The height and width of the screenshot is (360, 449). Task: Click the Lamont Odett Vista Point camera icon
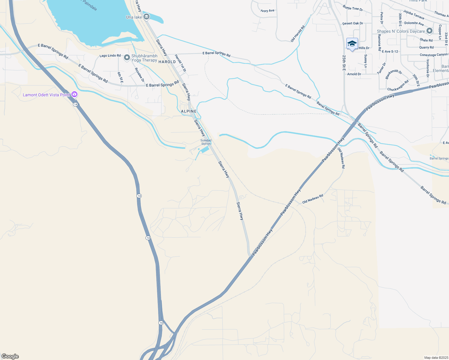[74, 94]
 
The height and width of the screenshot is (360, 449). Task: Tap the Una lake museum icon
[146, 17]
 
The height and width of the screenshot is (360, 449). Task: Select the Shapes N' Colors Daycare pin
[429, 31]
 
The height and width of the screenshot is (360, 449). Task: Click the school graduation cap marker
[352, 44]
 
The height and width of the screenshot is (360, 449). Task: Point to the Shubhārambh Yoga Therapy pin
[127, 57]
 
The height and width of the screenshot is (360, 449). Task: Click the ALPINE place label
[189, 111]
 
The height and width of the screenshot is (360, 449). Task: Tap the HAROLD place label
[167, 62]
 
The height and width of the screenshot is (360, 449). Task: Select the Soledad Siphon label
[206, 142]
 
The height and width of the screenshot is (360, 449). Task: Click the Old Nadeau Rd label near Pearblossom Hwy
[313, 199]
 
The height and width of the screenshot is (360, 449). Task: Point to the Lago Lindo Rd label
[110, 56]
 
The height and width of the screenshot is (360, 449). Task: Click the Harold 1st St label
[180, 63]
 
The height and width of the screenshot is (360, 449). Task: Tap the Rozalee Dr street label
[140, 75]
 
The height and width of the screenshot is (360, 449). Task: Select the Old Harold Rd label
[298, 34]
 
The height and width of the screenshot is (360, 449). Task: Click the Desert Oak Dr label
[353, 23]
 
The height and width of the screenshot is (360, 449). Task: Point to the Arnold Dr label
[354, 74]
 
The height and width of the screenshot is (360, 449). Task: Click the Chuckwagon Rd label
[398, 85]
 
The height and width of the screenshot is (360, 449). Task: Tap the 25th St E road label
[344, 63]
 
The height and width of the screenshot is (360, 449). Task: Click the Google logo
[10, 356]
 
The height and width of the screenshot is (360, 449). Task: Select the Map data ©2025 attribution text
[436, 358]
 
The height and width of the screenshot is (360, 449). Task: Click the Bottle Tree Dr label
[353, 8]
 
